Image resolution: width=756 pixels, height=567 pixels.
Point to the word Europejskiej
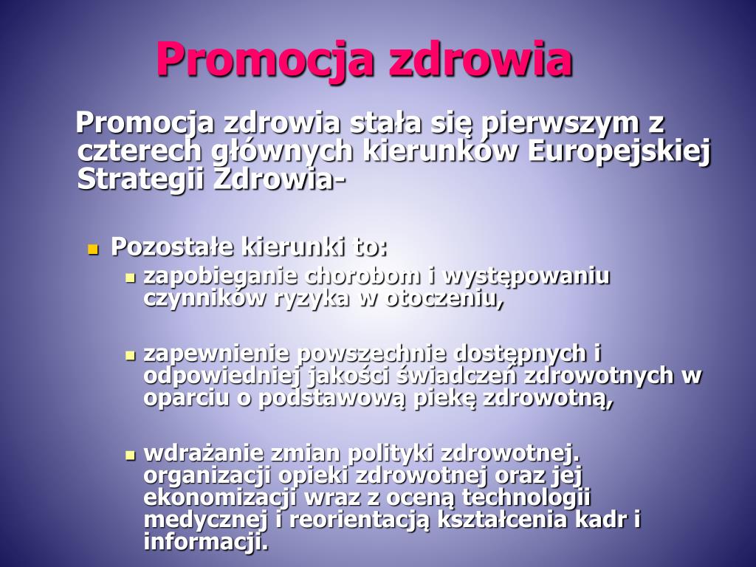tap(619, 150)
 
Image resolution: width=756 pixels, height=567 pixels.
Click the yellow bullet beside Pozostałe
tap(93, 249)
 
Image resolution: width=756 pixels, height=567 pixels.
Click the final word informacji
tap(205, 542)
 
